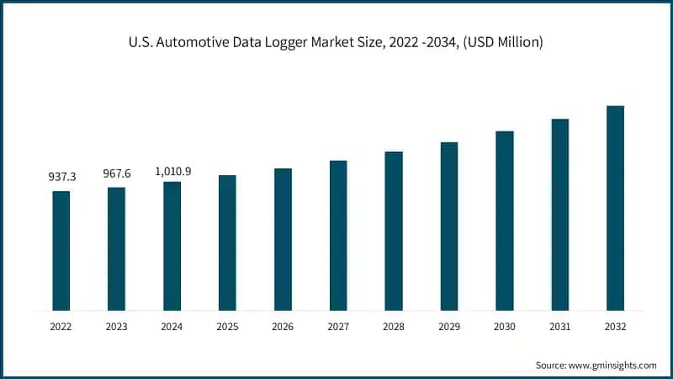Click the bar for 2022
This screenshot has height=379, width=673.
point(61,250)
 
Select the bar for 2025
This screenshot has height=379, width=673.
point(227,243)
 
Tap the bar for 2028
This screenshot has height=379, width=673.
point(394,231)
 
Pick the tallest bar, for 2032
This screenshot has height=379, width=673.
point(615,208)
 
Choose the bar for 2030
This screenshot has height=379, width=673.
point(505,221)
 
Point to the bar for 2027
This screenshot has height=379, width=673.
point(338,235)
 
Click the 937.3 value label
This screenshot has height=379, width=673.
point(61,177)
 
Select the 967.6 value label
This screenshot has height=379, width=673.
point(117,173)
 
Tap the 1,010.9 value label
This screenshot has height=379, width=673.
point(172,171)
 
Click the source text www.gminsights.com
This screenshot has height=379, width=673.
point(613,365)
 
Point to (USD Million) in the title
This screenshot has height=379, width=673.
point(503,42)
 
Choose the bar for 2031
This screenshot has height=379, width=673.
point(560,215)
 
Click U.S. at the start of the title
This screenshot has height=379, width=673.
point(142,42)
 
